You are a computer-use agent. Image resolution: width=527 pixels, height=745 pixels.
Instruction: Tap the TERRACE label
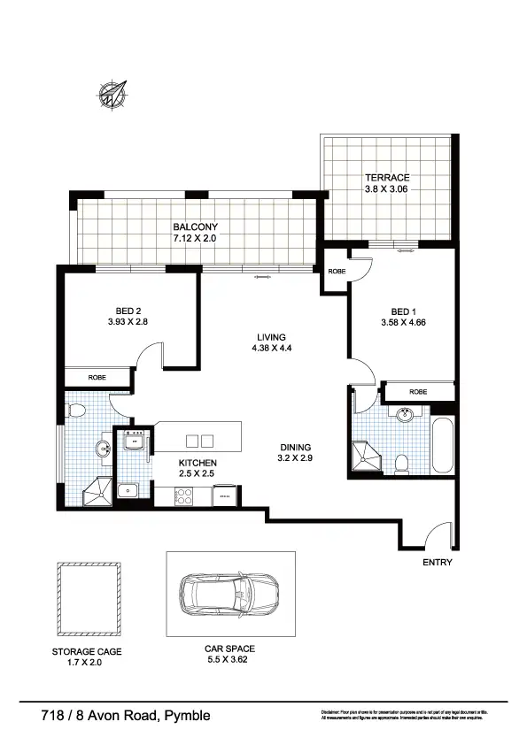pyautogui.click(x=386, y=178)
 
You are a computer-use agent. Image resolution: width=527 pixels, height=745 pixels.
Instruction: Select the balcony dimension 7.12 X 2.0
pyautogui.click(x=195, y=239)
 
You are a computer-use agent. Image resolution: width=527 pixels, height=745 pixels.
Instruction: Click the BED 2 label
pyautogui.click(x=128, y=311)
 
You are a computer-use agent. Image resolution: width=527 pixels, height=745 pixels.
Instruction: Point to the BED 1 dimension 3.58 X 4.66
pyautogui.click(x=403, y=323)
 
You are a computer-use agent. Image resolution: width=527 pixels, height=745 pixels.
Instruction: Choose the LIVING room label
pyautogui.click(x=271, y=337)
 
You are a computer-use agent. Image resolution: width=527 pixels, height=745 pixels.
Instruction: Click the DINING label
pyautogui.click(x=297, y=448)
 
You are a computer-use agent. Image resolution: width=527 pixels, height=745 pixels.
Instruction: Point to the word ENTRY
pyautogui.click(x=438, y=563)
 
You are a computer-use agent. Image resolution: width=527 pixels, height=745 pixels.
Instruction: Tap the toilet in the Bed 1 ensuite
pyautogui.click(x=401, y=462)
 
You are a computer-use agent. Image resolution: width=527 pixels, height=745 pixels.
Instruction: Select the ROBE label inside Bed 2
pyautogui.click(x=97, y=378)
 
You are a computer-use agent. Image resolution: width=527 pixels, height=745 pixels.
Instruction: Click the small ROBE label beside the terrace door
pyautogui.click(x=337, y=273)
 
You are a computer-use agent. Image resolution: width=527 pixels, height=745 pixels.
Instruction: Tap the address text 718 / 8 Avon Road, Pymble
pyautogui.click(x=126, y=715)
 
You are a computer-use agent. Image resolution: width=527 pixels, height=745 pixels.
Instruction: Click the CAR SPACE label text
pyautogui.click(x=230, y=649)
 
